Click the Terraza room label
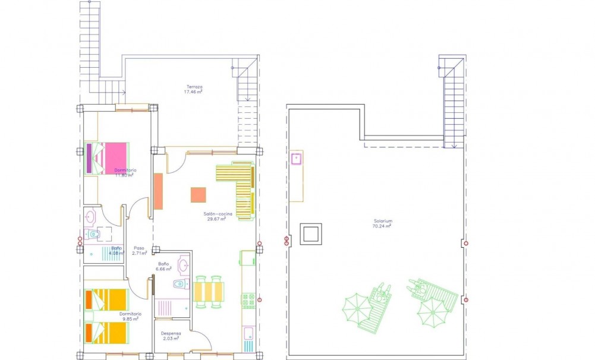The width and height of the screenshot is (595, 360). tap(194, 87)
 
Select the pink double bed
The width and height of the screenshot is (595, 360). tap(111, 157)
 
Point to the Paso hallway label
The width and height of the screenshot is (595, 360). tap(139, 248)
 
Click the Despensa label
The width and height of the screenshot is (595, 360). tap(171, 334)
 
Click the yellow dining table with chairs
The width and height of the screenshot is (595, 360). tap(208, 292)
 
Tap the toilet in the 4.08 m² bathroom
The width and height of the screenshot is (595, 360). tap(91, 235)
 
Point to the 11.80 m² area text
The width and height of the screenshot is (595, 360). tap(124, 175)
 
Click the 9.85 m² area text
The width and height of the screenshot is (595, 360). tap(130, 319)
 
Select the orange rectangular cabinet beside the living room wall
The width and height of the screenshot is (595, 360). tap(158, 191)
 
